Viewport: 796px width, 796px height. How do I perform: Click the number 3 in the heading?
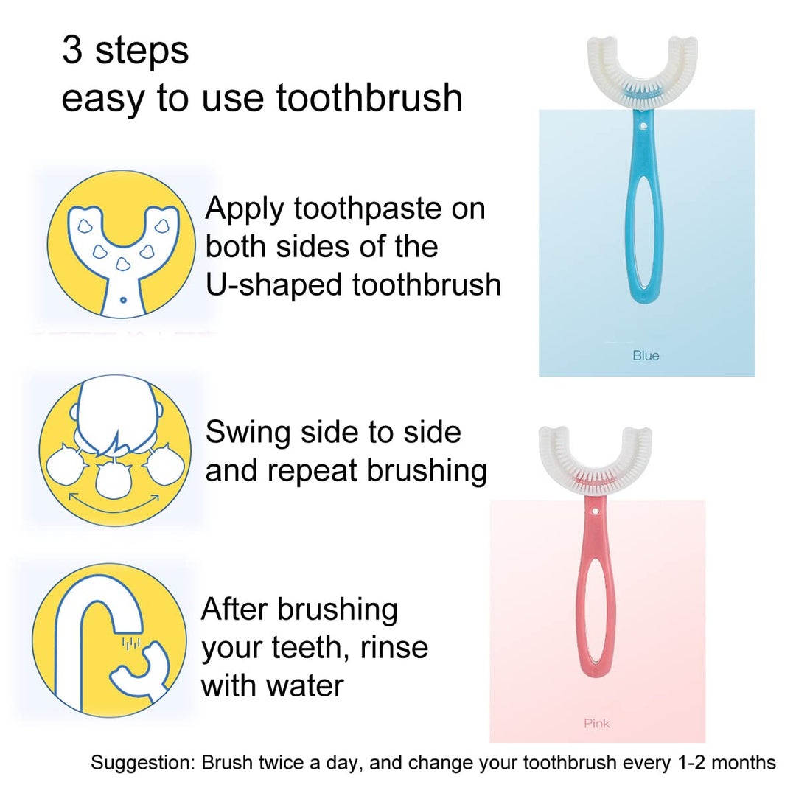pyautogui.click(x=72, y=50)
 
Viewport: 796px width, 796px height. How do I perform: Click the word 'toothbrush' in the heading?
pyautogui.click(x=369, y=97)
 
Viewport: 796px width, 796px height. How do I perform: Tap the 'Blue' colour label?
pyautogui.click(x=646, y=355)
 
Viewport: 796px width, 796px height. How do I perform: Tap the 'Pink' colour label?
pyautogui.click(x=596, y=723)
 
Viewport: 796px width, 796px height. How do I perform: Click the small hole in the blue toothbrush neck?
pyautogui.click(x=643, y=125)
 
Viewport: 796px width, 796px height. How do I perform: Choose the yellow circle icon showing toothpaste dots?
pyautogui.click(x=122, y=245)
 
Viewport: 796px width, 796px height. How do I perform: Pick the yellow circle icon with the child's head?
pyautogui.click(x=115, y=451)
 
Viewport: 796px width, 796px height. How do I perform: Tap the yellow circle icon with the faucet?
pyautogui.click(x=109, y=640)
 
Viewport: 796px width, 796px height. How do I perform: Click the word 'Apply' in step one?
pyautogui.click(x=245, y=209)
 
